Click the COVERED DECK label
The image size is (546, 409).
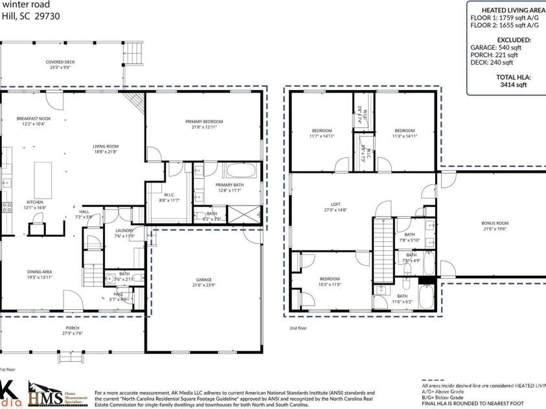tap(60, 62)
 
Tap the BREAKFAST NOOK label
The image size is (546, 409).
tap(34, 119)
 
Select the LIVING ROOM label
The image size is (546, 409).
tap(106, 146)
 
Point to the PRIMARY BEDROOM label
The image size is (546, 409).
tap(204, 122)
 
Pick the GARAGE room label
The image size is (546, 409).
tap(204, 280)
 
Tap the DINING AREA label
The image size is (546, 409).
tap(40, 272)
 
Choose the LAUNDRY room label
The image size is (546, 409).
tap(124, 230)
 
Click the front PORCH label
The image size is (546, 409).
tap(73, 328)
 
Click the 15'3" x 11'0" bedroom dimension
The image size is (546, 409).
tap(330, 284)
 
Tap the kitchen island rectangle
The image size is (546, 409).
tap(43, 175)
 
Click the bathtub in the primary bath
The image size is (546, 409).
tap(242, 171)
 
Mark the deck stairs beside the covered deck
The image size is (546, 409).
tap(133, 50)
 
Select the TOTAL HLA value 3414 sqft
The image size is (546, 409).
tap(505, 84)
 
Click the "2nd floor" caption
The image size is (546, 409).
tap(299, 328)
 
